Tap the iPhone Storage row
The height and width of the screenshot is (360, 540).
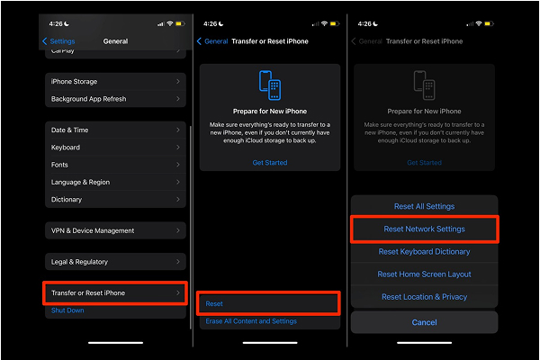point(115,82)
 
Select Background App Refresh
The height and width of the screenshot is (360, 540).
point(115,99)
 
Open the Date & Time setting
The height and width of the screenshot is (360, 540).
point(115,130)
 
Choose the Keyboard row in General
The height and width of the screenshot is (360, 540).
point(115,148)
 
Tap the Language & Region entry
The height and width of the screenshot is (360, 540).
point(115,182)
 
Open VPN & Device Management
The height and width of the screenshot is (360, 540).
point(115,230)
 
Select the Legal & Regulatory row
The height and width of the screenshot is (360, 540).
point(115,262)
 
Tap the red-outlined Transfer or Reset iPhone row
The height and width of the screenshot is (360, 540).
point(116,293)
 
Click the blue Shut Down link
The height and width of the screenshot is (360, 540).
point(67,310)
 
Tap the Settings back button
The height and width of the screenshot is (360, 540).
point(59,41)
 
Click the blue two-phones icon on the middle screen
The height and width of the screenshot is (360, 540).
point(269,86)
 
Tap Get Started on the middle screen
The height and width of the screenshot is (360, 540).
point(270,163)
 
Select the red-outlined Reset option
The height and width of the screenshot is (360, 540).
point(269,304)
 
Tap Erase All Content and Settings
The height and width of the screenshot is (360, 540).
point(251,321)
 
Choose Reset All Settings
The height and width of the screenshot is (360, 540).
point(424,207)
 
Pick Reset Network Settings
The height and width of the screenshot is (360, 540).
point(424,229)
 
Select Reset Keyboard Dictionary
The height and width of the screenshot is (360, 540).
point(424,252)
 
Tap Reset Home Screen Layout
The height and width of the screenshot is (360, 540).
point(424,274)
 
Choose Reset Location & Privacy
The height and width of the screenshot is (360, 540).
point(424,297)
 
